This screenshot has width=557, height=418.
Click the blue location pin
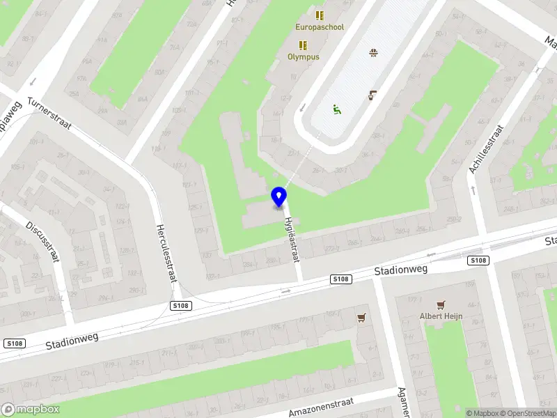(x=279, y=196)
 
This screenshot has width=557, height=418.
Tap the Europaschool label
(x=320, y=27)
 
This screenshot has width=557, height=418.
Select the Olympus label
(x=304, y=56)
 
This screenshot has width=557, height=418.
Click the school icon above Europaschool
(x=320, y=15)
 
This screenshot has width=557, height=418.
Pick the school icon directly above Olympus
(x=304, y=45)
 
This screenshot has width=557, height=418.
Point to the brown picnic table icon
(x=374, y=52)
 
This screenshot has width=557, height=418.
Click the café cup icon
(x=373, y=95)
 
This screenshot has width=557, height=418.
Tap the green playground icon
(x=337, y=109)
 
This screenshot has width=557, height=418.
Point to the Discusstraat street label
(x=42, y=241)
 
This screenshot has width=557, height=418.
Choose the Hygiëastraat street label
(x=291, y=238)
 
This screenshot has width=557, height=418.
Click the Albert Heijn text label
(x=441, y=316)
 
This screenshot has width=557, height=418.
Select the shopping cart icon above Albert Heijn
(x=440, y=305)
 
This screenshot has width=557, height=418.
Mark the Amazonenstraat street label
(x=321, y=408)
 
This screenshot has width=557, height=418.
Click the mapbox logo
(x=31, y=410)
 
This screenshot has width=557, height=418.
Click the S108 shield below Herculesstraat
(x=181, y=305)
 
